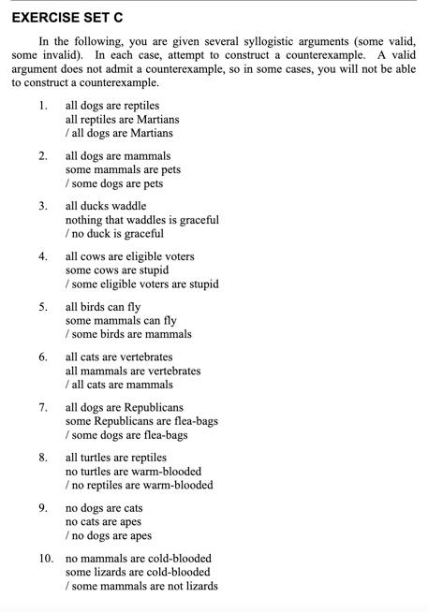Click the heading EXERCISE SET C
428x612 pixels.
point(67,18)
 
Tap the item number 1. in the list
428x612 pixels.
point(43,106)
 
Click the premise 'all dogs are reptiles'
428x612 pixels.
point(112,106)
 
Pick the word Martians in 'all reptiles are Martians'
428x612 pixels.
point(155,120)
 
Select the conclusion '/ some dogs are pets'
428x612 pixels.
point(114,184)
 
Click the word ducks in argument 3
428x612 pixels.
point(96,206)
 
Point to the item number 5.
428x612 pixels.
point(43,306)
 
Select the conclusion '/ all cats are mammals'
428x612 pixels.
point(119,385)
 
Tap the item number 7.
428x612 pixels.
point(43,407)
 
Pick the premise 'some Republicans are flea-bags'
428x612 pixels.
point(141,421)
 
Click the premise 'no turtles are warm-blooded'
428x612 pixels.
point(133,472)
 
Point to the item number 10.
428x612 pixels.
point(46,558)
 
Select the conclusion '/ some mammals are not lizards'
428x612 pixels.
point(141,586)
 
